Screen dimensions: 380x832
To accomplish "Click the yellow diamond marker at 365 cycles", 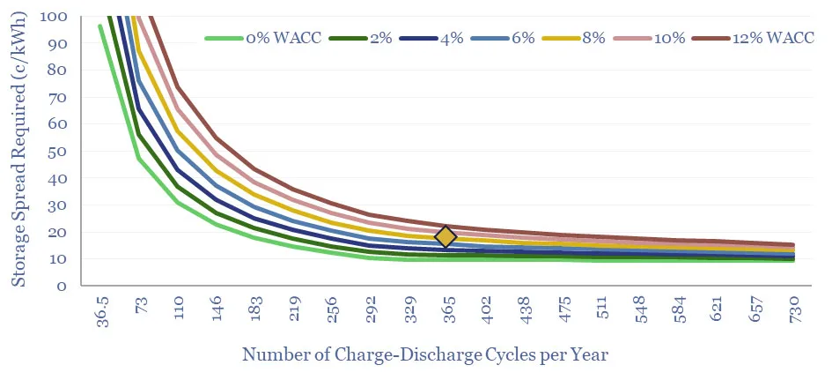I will tap(445, 236).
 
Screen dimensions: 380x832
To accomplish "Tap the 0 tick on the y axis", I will tap(61, 287).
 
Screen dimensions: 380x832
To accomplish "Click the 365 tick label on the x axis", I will tap(446, 309).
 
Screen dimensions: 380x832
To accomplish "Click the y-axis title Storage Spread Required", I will tap(18, 152).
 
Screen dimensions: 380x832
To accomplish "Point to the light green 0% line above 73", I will tap(139, 159).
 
